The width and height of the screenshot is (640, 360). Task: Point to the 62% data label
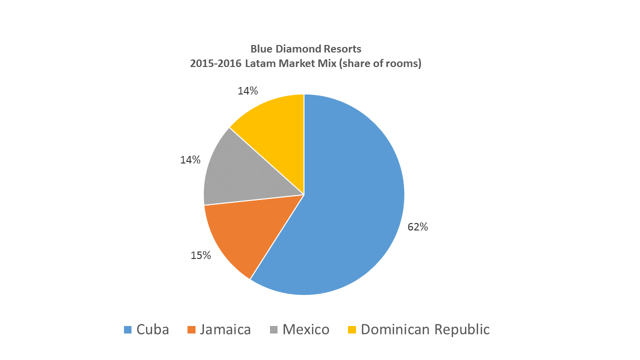coord(418,227)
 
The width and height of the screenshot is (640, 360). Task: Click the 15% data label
coord(200,255)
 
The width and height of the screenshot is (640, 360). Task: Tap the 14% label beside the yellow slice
coord(248,91)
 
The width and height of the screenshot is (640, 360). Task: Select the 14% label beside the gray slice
coord(190,160)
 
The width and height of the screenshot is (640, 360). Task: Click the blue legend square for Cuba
coord(128,330)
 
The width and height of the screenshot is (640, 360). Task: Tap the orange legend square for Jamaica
coord(191,330)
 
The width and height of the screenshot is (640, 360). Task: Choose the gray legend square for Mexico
coord(274,330)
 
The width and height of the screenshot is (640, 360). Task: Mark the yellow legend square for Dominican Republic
coord(352,330)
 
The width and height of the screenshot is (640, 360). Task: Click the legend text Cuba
coord(152,330)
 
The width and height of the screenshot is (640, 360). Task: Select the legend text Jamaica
coord(225,330)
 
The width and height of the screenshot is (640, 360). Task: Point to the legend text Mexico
coord(305,330)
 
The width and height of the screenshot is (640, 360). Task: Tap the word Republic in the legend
coord(461,330)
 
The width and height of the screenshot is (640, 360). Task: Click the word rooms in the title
coord(404,64)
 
